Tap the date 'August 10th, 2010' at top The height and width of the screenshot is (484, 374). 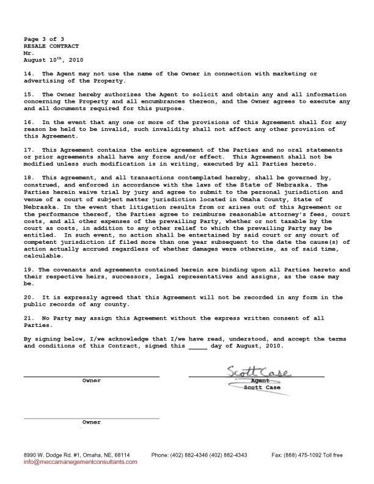[x=53, y=60]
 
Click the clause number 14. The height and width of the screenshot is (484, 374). [x=28, y=74]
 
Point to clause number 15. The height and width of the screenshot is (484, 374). [x=28, y=95]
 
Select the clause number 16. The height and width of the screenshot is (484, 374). [x=28, y=122]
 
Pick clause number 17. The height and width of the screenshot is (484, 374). [x=28, y=150]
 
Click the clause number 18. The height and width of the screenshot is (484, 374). [x=28, y=178]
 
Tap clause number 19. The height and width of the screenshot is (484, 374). [x=28, y=269]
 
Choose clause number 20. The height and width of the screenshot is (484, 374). [x=28, y=298]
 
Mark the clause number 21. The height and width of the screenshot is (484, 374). [x=28, y=318]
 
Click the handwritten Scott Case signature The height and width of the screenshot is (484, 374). [x=259, y=372]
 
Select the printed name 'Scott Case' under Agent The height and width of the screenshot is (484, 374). [x=262, y=387]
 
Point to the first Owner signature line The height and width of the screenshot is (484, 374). [x=92, y=376]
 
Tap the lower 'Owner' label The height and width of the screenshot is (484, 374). [x=92, y=422]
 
